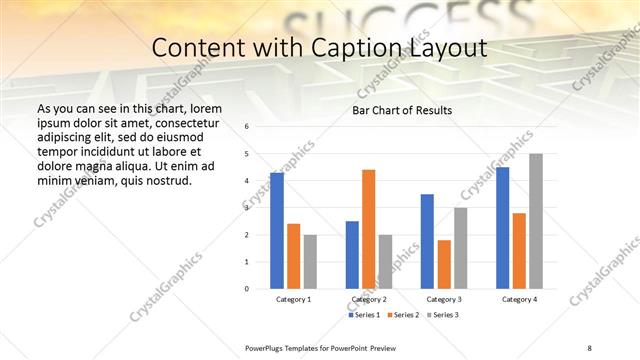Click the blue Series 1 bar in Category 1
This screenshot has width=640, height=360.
277,231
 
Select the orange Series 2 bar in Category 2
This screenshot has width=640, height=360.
369,229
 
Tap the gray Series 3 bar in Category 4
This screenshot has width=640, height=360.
536,221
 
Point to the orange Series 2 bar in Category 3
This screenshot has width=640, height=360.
444,264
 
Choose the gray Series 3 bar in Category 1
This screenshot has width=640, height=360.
310,261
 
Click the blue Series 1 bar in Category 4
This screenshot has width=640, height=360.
503,228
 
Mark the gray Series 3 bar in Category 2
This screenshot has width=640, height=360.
386,261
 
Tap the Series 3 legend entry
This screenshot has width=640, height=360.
442,315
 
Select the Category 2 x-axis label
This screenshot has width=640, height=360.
369,299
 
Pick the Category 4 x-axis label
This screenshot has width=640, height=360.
519,299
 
